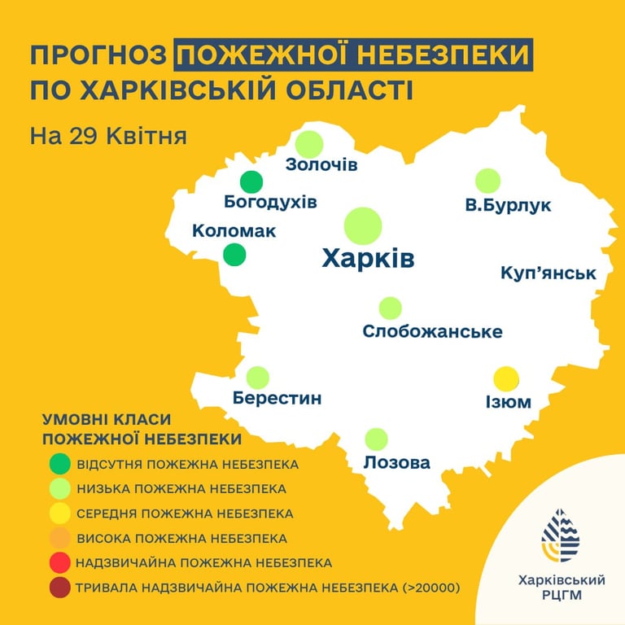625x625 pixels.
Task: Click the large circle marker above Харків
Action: (x=363, y=226)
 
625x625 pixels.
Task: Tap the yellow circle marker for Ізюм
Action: (x=506, y=378)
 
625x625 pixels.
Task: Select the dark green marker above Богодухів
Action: (x=252, y=182)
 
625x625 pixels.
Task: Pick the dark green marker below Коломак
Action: (x=234, y=255)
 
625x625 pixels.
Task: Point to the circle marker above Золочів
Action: (x=309, y=144)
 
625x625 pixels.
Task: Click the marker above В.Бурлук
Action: (x=487, y=181)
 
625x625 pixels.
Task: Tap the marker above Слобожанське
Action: (x=391, y=308)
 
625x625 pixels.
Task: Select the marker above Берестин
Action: (x=258, y=377)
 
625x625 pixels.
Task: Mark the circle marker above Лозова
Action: (x=376, y=439)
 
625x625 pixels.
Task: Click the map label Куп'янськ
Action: (x=549, y=273)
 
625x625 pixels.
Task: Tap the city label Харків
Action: (x=368, y=259)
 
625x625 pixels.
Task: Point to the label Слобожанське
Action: (x=432, y=332)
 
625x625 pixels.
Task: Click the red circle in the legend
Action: (x=59, y=562)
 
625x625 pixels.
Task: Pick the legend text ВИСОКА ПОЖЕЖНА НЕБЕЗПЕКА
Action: (x=181, y=538)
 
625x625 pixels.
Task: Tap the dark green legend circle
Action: (x=59, y=464)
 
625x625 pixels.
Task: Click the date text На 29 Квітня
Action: (x=108, y=134)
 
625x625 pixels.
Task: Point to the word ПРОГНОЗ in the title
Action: (x=98, y=57)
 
